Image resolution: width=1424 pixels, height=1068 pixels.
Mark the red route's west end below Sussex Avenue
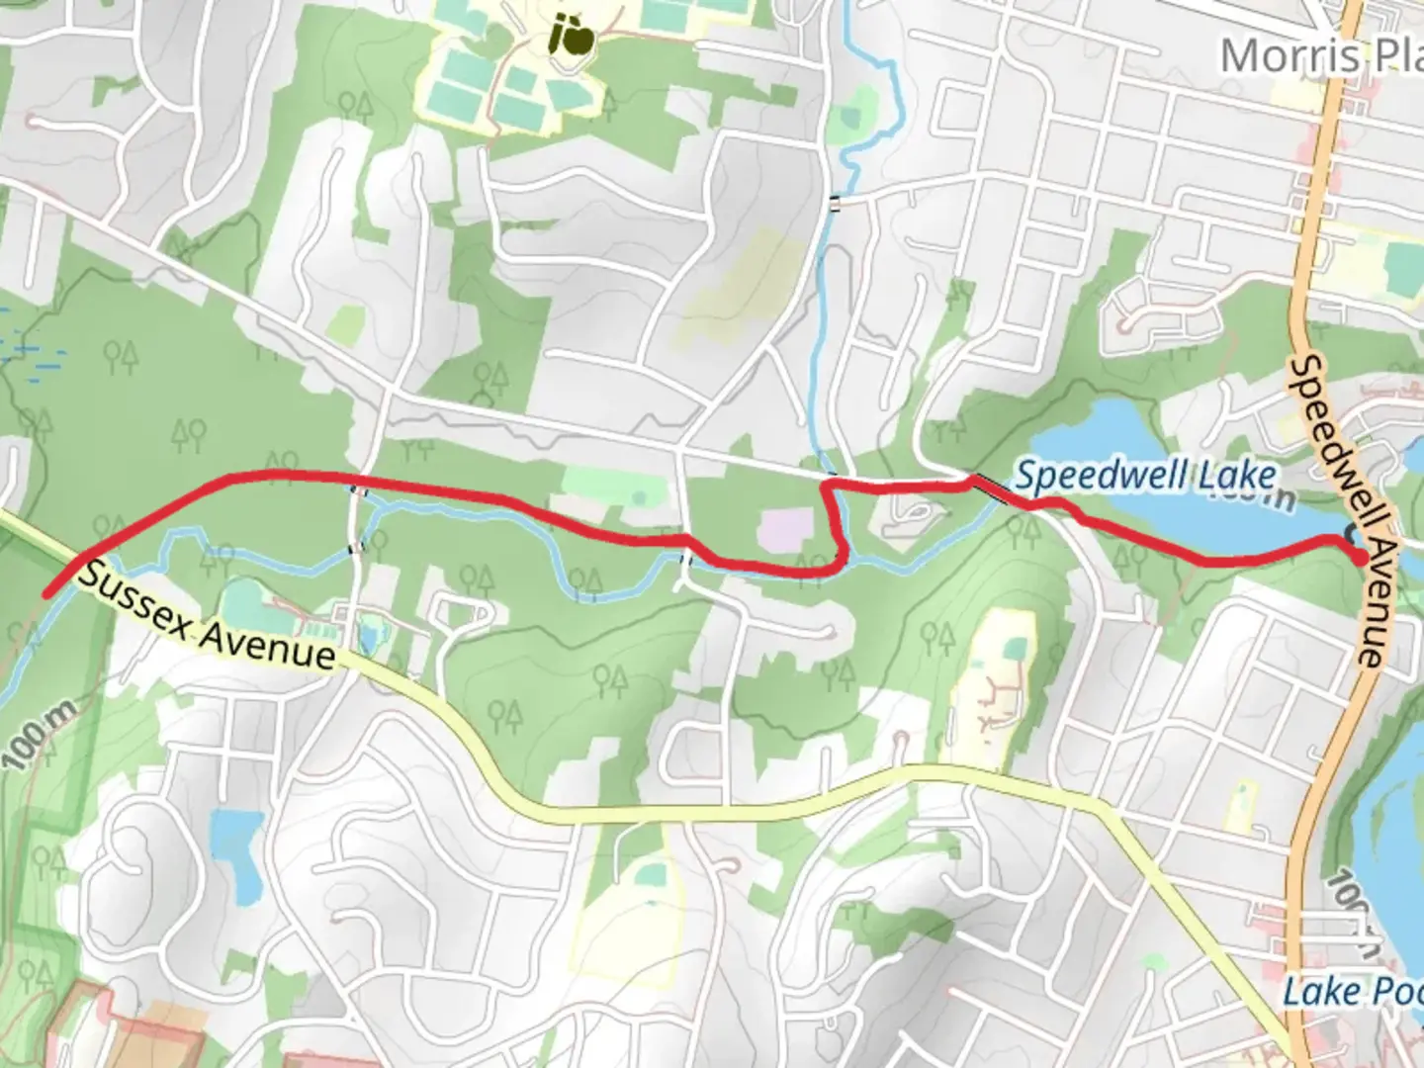click(x=45, y=594)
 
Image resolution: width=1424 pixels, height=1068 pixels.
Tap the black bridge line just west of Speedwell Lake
click(x=989, y=487)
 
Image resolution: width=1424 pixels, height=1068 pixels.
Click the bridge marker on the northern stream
click(x=837, y=204)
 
